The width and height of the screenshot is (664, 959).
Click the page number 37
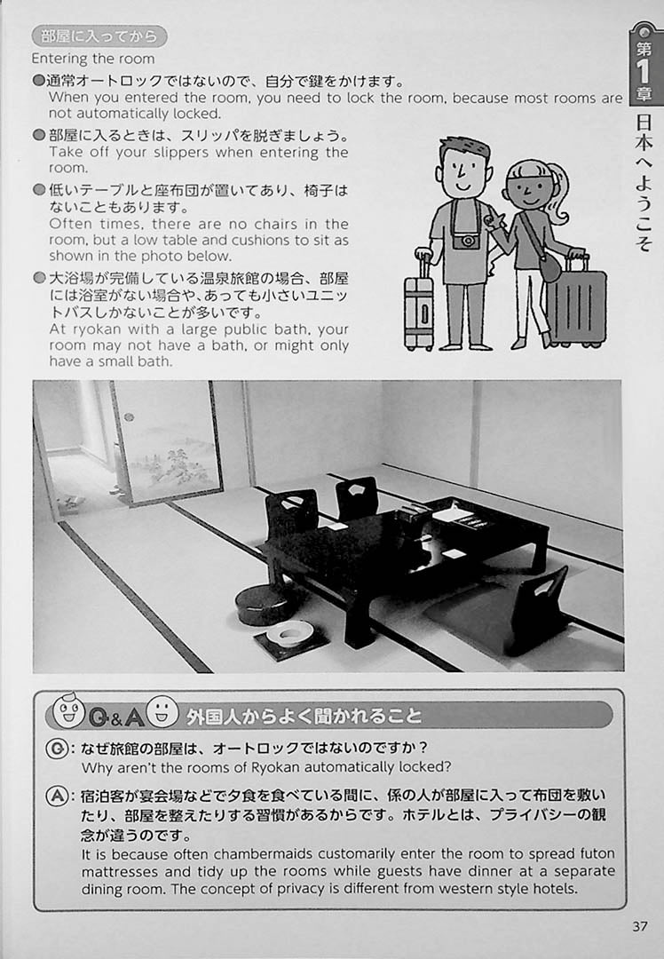pos(639,926)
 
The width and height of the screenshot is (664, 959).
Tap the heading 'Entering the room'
pos(93,59)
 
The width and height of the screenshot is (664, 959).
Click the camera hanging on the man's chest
pos(467,240)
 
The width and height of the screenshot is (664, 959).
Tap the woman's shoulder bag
pos(549,267)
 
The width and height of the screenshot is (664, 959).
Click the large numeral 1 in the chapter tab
pos(644,72)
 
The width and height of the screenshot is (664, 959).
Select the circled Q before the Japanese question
pos(56,749)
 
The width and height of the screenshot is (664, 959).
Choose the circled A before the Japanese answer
pos(56,796)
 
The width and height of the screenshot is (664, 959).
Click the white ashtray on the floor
pos(290,633)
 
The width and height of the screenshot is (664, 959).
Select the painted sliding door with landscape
pos(166,441)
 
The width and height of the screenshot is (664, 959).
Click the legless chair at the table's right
pos(537,611)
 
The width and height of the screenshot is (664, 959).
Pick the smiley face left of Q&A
pos(68,710)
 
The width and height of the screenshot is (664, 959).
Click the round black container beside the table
pos(263,604)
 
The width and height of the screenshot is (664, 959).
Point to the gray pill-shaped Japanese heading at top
pos(99,36)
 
